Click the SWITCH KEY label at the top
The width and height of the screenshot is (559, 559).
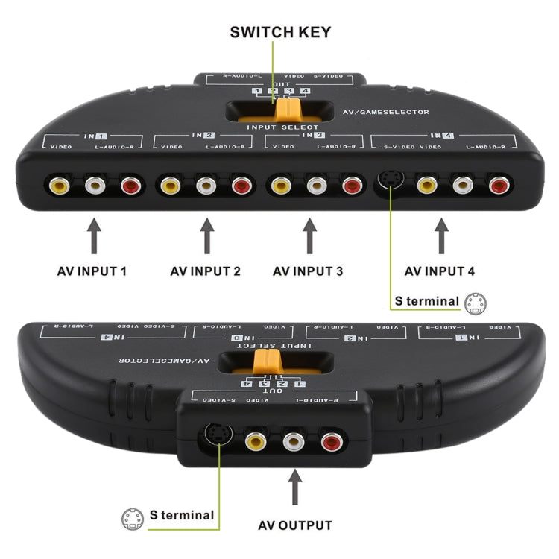click(279, 32)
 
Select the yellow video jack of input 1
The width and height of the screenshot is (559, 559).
click(58, 185)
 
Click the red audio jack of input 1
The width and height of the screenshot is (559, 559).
click(131, 185)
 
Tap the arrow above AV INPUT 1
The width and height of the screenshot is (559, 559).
click(95, 236)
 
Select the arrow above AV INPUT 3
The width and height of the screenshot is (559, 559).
click(308, 236)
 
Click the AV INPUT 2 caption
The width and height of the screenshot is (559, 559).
click(206, 271)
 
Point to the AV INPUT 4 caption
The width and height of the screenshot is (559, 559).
click(439, 271)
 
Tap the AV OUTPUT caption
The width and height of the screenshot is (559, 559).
click(295, 525)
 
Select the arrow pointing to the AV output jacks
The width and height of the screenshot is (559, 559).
click(295, 487)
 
